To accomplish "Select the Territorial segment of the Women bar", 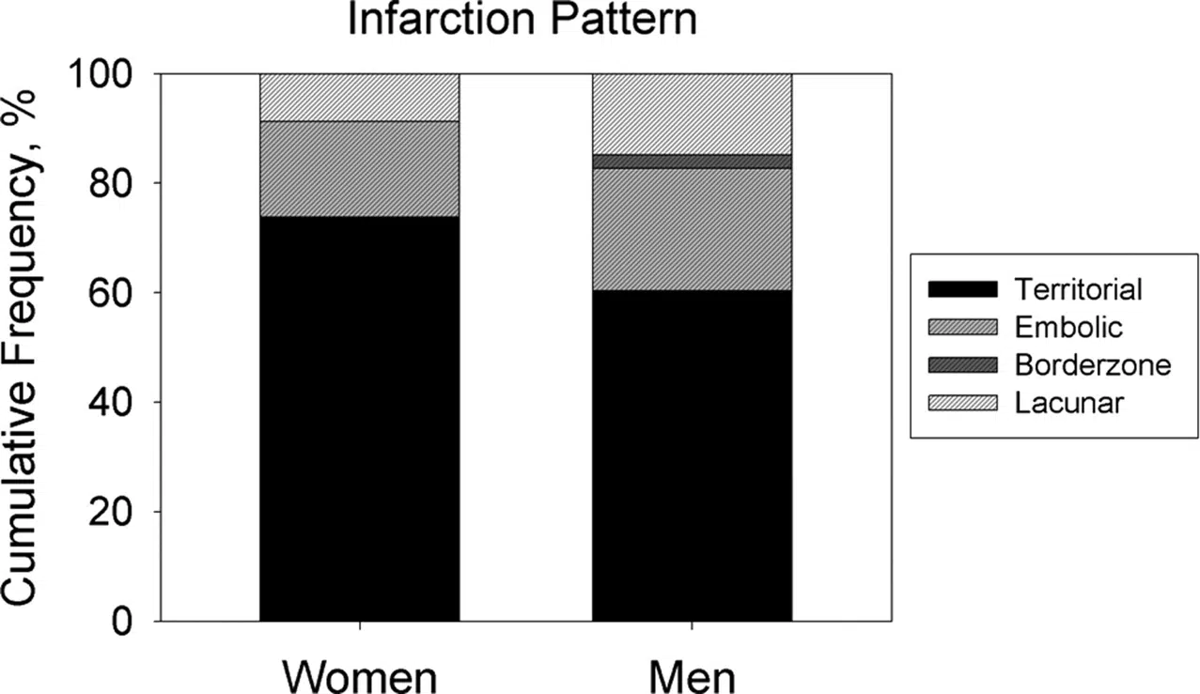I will click(359, 418).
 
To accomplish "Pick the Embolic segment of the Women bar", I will click(359, 169).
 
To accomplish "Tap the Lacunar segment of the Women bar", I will click(359, 97).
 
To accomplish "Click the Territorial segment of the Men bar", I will click(692, 455).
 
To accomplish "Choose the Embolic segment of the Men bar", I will click(692, 229).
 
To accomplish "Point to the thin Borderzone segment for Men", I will click(692, 162).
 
